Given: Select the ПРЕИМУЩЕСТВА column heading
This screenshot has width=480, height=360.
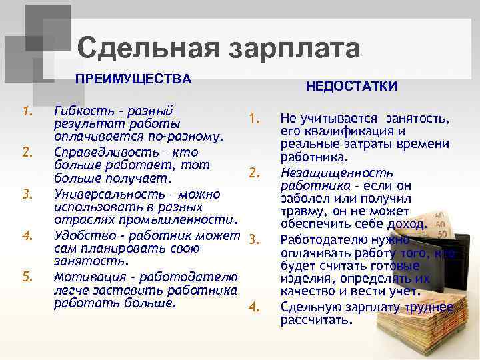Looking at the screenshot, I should click(x=133, y=79).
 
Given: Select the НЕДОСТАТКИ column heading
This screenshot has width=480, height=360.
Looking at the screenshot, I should click(x=351, y=87).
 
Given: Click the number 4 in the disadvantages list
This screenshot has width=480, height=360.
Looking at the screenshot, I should click(x=253, y=307).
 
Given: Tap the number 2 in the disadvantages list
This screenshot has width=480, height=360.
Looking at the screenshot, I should click(x=253, y=173).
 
